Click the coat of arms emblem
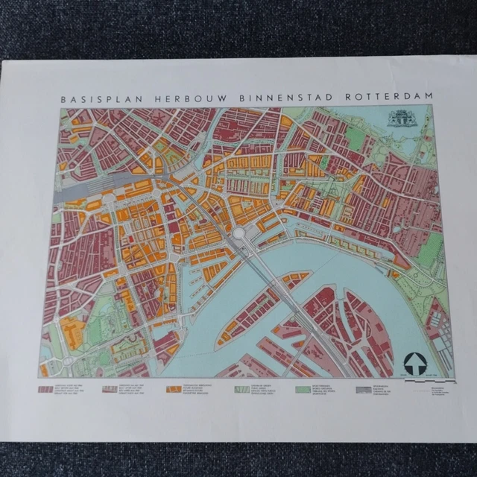(401, 119)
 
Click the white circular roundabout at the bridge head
(239, 234)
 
